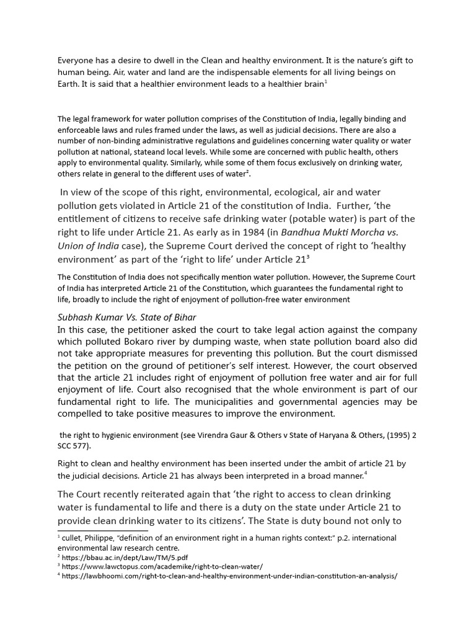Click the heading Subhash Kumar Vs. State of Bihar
127,317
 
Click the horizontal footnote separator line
103,531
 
